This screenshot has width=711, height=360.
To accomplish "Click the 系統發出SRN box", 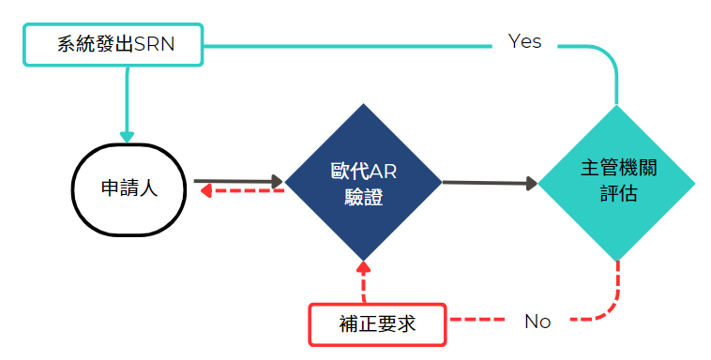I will (113, 44).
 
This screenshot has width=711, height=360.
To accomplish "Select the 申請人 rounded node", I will (129, 187).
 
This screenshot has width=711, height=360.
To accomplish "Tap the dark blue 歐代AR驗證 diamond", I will (363, 183).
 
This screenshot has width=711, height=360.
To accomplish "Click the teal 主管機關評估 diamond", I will (617, 183).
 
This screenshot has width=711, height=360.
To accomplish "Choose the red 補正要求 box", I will (377, 324).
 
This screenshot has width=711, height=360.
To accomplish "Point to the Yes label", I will (524, 42).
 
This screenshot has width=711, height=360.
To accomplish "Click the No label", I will (537, 322).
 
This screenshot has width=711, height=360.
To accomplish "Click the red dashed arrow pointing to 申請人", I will (240, 191).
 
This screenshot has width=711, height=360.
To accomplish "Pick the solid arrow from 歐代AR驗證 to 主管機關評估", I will (488, 183).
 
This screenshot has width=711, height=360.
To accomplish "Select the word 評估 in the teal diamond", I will (617, 194).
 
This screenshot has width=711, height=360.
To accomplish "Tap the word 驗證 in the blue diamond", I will (363, 196).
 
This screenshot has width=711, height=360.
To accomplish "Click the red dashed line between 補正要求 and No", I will (483, 321).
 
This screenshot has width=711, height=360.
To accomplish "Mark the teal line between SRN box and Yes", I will (347, 43).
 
